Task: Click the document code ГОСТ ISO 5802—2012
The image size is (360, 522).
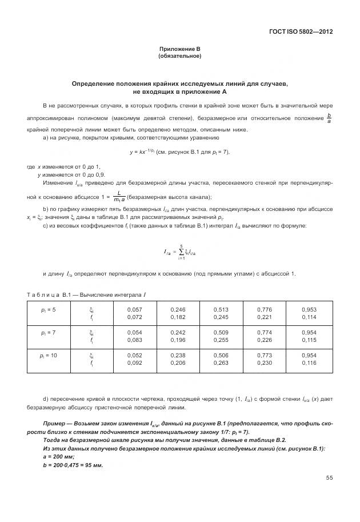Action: pos(300,31)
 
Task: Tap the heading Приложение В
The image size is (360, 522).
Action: pos(179,50)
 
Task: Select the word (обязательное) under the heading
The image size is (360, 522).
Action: pos(179,56)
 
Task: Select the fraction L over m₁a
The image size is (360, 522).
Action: pos(119,197)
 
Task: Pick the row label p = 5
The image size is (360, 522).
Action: pos(48,309)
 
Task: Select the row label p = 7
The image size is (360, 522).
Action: pos(48,332)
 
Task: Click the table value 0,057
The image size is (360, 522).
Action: pos(134,309)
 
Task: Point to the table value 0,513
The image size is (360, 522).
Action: pos(221,309)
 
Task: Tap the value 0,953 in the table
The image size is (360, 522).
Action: pos(309,309)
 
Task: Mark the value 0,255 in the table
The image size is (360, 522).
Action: pos(221,340)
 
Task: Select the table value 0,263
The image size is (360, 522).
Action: pos(221,363)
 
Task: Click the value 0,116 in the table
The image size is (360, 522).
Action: pos(309,363)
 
